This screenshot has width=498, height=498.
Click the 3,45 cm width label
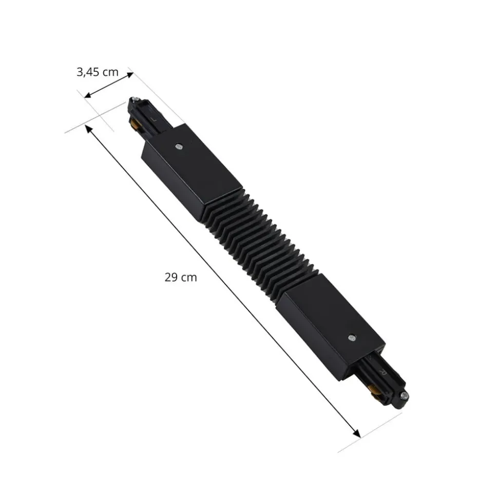[98, 72]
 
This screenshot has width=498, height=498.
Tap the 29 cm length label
[181, 277]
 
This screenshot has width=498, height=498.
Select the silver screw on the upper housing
[179, 147]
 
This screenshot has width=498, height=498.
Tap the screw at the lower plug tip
[406, 395]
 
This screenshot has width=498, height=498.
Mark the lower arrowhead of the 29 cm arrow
[356, 434]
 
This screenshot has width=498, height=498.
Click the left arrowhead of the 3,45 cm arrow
[88, 94]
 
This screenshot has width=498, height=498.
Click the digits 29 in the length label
[171, 277]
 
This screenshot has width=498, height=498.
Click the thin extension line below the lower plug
[370, 433]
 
